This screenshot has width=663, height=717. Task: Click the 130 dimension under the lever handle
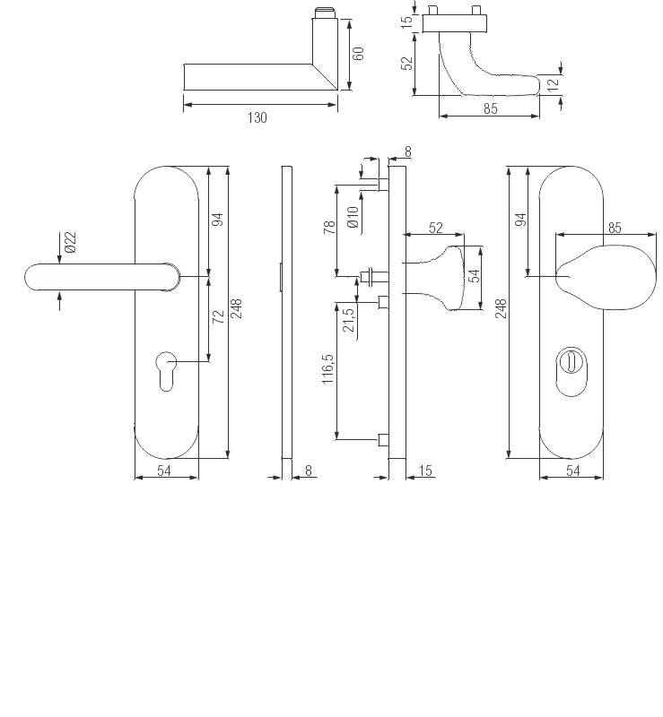click(x=257, y=117)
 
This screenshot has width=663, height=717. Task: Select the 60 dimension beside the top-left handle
click(x=358, y=54)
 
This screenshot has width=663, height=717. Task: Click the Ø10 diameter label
click(x=353, y=217)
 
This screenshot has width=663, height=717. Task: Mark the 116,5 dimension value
click(x=328, y=368)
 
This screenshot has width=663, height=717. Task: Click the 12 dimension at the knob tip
click(x=554, y=83)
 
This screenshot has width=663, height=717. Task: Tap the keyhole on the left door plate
click(x=166, y=369)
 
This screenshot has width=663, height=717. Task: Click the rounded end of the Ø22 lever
click(x=34, y=278)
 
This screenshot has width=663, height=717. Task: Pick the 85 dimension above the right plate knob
click(x=614, y=228)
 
